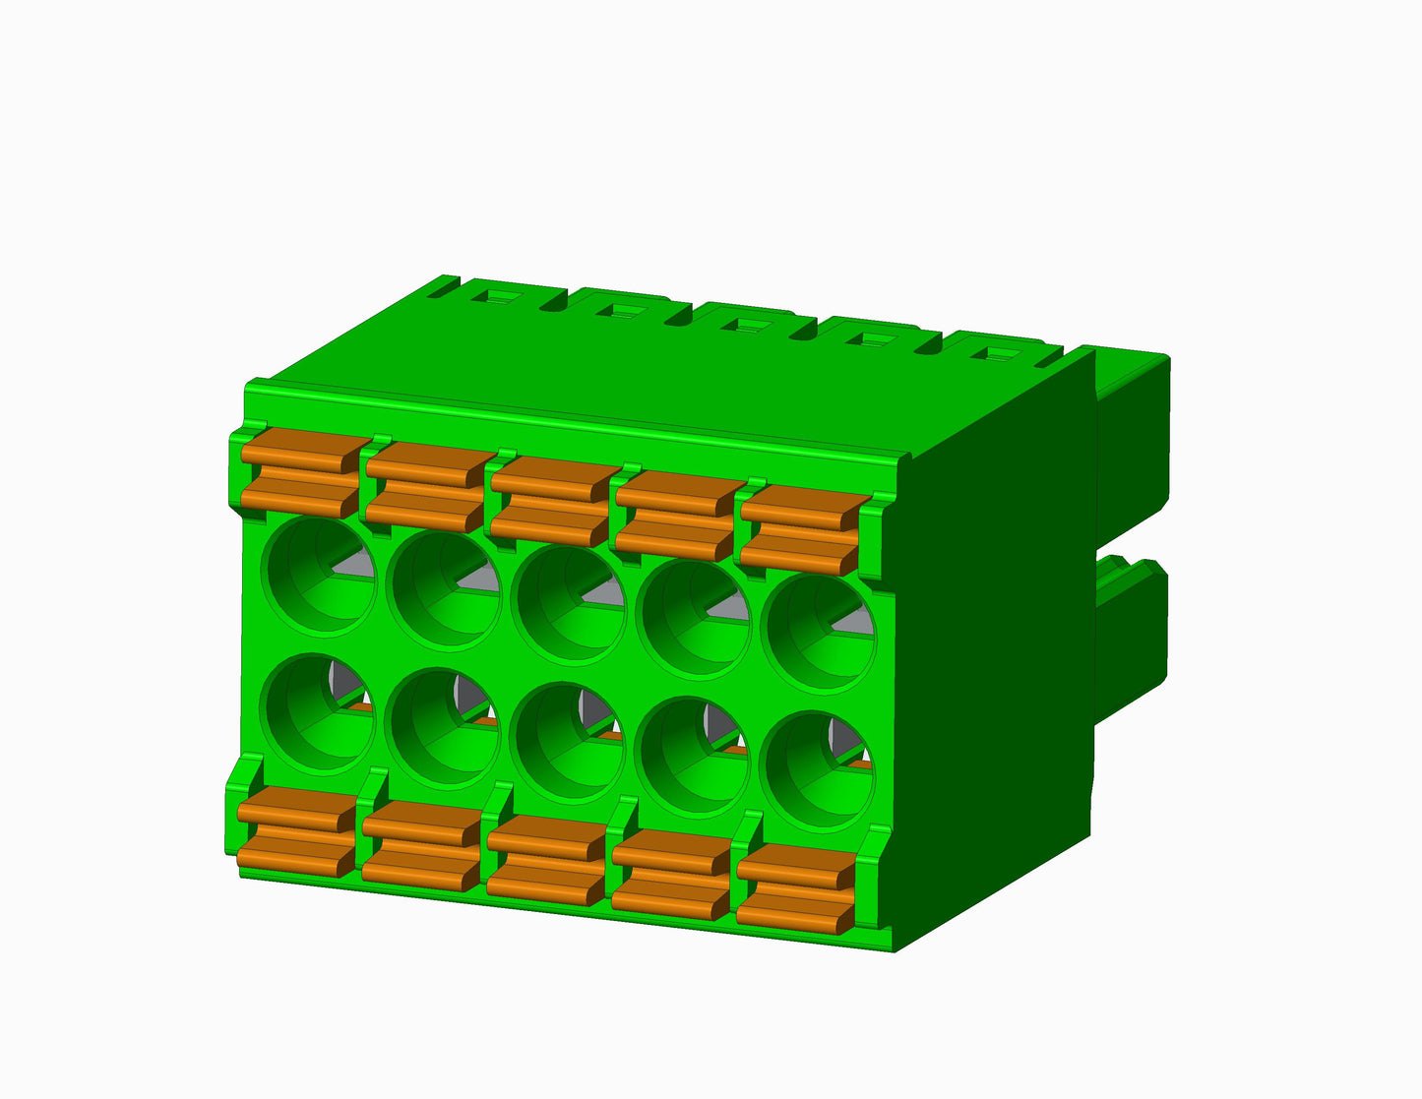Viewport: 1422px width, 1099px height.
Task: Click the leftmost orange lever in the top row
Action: pyautogui.click(x=300, y=474)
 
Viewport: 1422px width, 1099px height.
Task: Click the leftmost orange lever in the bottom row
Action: pyautogui.click(x=296, y=831)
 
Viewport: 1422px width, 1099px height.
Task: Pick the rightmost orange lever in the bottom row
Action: pyautogui.click(x=795, y=887)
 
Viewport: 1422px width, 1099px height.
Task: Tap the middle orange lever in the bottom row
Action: pyautogui.click(x=546, y=858)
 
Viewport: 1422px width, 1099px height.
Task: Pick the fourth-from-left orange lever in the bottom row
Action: pyautogui.click(x=671, y=873)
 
